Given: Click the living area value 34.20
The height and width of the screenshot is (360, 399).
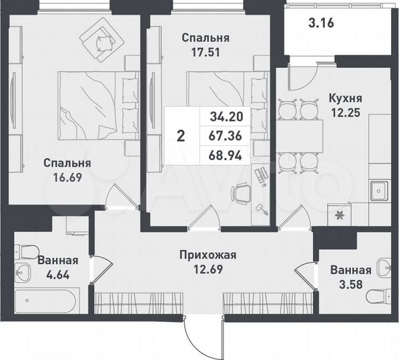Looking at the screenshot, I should [226, 116].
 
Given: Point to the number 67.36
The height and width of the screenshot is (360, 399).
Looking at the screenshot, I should [226, 136].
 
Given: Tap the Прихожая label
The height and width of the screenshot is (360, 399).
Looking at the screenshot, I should [208, 255].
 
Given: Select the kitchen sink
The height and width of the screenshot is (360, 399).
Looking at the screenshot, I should [379, 191].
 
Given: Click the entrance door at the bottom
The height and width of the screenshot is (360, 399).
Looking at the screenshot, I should [204, 333].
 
